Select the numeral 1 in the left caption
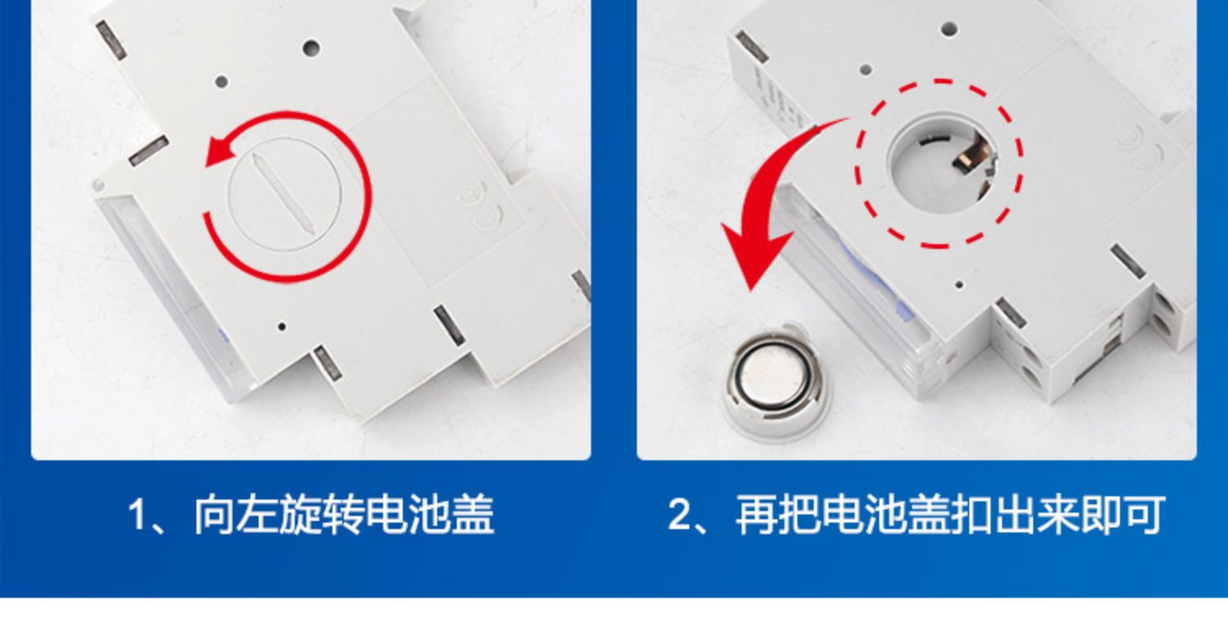tap(137, 514)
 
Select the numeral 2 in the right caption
tap(679, 514)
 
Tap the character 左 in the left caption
tap(258, 514)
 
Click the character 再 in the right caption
tap(756, 514)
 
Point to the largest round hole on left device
tap(311, 48)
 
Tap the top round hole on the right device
tap(948, 29)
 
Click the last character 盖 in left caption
tap(472, 514)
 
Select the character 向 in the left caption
tap(214, 514)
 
